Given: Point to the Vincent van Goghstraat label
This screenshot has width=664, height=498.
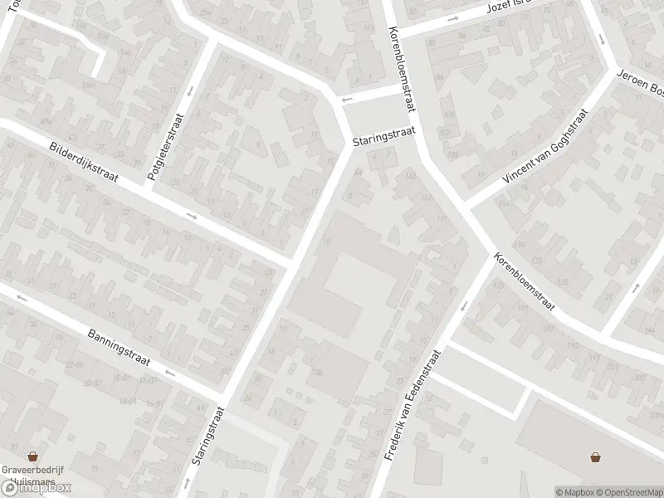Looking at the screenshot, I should tap(544, 147).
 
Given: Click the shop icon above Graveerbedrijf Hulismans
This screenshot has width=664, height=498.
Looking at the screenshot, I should tap(33, 456).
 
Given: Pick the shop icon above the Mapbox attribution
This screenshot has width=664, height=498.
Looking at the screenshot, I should tap(596, 456).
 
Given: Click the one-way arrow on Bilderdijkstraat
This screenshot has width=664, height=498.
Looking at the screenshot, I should tap(192, 217).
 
